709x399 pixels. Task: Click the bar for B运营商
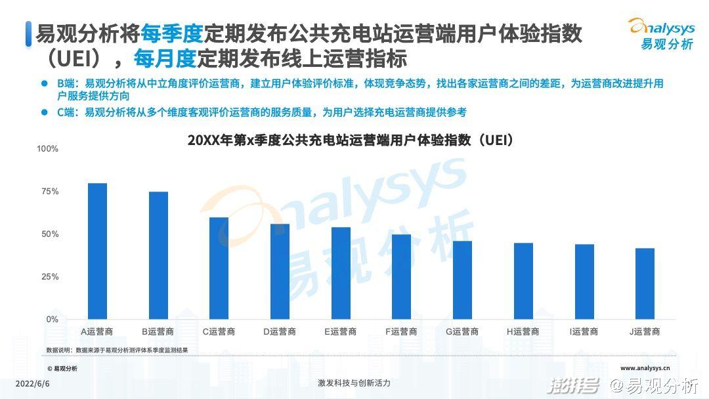[x=158, y=255]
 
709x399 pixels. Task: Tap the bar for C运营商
[x=219, y=268]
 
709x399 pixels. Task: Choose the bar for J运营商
[x=645, y=283]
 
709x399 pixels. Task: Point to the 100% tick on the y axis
[x=47, y=149]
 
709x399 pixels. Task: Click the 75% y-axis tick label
[x=50, y=192]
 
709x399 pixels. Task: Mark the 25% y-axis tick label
[x=50, y=277]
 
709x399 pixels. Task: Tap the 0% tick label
[x=52, y=320]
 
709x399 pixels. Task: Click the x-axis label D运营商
[x=280, y=332]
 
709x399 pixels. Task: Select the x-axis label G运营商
[x=462, y=332]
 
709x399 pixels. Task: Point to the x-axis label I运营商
[x=584, y=332]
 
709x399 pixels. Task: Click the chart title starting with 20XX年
[x=350, y=140]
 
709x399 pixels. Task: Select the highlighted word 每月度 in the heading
[x=165, y=59]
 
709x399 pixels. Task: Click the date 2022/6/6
[x=32, y=383]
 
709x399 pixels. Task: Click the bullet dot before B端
[x=45, y=84]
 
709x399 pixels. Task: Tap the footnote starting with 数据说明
[x=117, y=350]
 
